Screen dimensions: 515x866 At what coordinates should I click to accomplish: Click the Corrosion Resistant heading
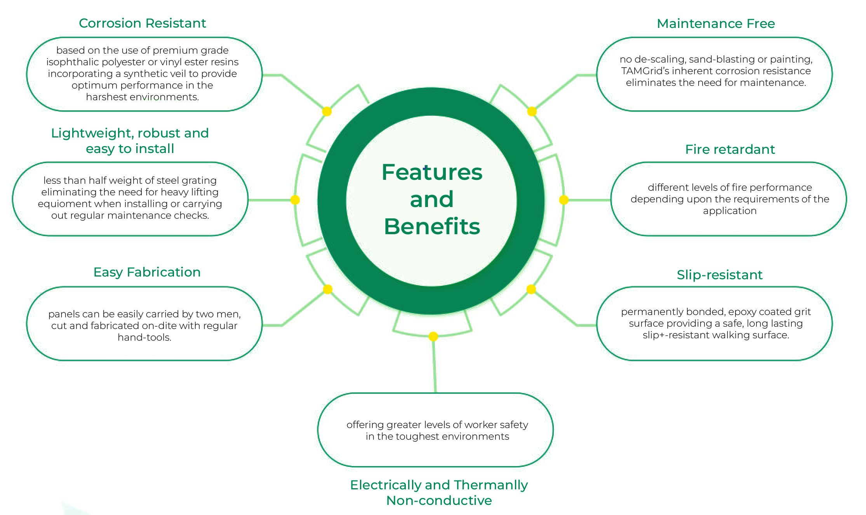142,23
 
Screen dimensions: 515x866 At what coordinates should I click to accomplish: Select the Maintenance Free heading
716,24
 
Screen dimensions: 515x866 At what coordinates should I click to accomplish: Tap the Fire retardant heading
730,150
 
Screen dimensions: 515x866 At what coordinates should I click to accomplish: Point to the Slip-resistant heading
720,275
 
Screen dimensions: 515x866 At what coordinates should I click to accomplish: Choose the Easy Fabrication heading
147,272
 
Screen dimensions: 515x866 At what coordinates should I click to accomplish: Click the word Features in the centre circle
432,172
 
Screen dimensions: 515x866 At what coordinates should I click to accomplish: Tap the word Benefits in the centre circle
432,227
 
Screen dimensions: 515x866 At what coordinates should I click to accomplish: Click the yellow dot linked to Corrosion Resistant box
327,111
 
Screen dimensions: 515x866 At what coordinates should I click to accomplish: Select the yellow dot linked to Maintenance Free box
532,111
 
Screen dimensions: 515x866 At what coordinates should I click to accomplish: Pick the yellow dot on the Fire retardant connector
564,200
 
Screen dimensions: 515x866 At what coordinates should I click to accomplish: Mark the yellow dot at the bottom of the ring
433,336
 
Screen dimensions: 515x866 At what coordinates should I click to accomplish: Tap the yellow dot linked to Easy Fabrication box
328,289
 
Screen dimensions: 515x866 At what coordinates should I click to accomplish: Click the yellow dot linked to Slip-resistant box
531,289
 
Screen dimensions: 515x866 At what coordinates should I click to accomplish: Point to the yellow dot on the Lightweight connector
295,200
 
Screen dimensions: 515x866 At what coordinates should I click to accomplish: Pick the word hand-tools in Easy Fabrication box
144,338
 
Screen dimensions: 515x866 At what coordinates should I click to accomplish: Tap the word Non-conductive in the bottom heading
439,501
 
